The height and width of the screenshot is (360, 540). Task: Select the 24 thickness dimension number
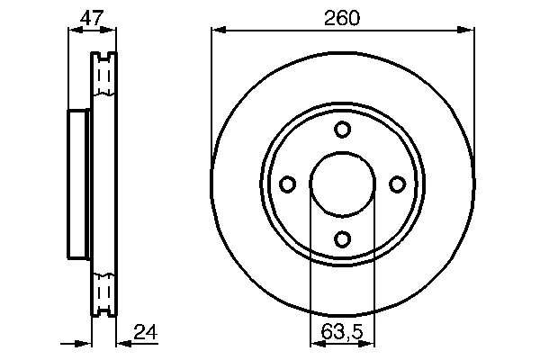[145, 332]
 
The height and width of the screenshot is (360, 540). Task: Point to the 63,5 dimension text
[342, 332]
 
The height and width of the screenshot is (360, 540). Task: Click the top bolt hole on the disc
[342, 130]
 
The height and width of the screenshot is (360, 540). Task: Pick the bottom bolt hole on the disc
[342, 238]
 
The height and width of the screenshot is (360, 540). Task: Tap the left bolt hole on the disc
[288, 184]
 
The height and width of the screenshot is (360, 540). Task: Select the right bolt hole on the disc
[397, 184]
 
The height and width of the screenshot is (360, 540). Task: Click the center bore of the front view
[342, 184]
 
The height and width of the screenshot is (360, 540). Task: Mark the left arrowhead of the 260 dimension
[216, 30]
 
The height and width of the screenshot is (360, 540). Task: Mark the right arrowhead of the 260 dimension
[469, 30]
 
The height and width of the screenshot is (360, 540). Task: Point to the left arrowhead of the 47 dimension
[74, 30]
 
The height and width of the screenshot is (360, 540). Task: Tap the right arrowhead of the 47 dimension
[112, 30]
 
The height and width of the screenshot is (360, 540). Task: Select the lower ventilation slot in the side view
[105, 292]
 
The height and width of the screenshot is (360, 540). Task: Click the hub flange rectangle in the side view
[80, 184]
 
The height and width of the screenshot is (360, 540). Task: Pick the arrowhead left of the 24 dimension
[87, 343]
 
